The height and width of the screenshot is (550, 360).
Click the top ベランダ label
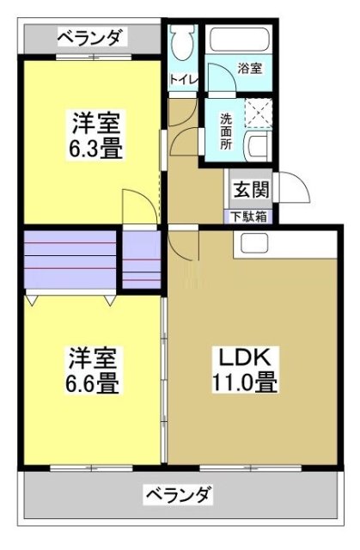tap(91, 37)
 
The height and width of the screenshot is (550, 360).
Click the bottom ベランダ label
tap(178, 495)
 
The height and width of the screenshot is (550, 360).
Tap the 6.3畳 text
tap(95, 148)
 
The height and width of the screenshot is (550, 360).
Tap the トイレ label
tap(182, 80)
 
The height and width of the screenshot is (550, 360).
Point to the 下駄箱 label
tap(247, 217)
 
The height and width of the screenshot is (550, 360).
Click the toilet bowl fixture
tap(182, 43)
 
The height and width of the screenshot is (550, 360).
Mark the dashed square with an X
tap(259, 113)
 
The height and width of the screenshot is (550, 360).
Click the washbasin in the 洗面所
tap(258, 146)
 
